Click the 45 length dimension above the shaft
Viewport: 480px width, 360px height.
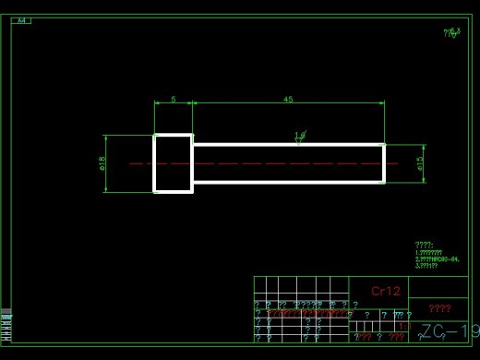(288, 99)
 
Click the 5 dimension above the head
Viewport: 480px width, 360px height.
(173, 99)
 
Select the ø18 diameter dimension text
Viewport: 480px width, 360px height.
(102, 163)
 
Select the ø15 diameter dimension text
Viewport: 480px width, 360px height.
(420, 163)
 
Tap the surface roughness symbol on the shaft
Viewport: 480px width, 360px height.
(299, 138)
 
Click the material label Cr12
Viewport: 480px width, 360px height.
(386, 291)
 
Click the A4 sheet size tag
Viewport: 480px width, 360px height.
(22, 20)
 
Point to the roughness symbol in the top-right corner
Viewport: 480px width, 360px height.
(451, 32)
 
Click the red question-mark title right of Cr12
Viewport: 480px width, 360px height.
(439, 308)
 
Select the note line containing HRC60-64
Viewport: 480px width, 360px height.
(438, 259)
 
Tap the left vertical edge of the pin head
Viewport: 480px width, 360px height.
(154, 163)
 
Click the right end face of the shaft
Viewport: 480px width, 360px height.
(384, 163)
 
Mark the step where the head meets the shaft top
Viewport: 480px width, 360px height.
(193, 145)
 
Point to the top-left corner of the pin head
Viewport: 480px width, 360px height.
(154, 135)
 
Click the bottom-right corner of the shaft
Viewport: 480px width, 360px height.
(384, 182)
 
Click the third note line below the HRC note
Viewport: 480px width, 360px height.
(427, 266)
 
